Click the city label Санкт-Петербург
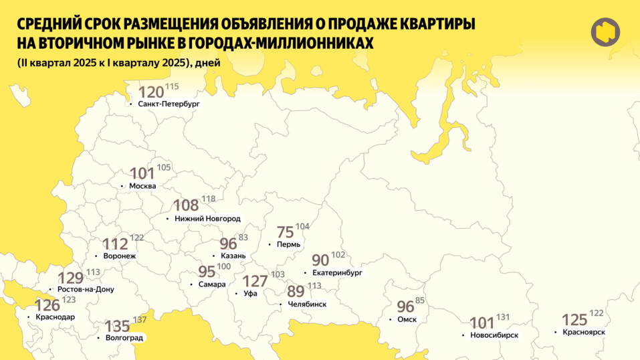(x=169, y=104)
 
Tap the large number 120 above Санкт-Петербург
(x=150, y=92)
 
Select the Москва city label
(x=142, y=185)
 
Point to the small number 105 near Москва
(x=164, y=167)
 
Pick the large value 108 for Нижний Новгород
(x=186, y=205)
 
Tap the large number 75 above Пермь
(x=286, y=232)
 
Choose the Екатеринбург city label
(x=337, y=273)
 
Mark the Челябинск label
(x=306, y=304)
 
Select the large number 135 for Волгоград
(x=118, y=326)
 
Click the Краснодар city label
(x=56, y=317)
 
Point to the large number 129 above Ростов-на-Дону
(x=71, y=278)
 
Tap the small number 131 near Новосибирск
(x=503, y=317)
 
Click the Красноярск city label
(x=584, y=333)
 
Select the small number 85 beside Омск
(x=420, y=300)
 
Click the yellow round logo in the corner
(x=605, y=31)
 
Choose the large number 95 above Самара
(x=207, y=272)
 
